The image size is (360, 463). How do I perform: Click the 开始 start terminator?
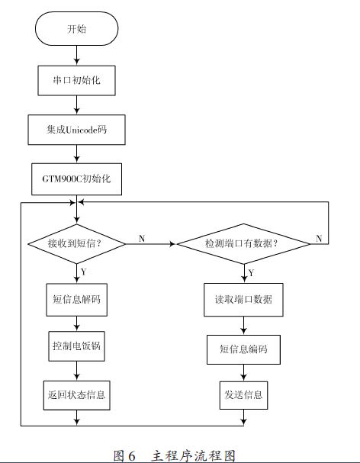(x=76, y=29)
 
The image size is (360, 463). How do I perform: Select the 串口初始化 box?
(x=76, y=80)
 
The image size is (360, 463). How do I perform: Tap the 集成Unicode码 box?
(x=76, y=130)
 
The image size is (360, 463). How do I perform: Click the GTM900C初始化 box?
(x=76, y=179)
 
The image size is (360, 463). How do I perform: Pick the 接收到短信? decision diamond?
(x=77, y=243)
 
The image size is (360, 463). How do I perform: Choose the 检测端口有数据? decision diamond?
(x=243, y=243)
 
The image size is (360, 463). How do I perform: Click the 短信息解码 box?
(x=76, y=300)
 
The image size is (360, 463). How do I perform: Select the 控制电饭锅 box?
(x=76, y=346)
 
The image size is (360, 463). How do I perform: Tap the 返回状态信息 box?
(x=76, y=395)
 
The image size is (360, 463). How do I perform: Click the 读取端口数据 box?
(x=243, y=300)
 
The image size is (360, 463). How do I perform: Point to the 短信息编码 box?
(x=243, y=349)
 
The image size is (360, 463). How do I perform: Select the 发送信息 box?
(x=243, y=395)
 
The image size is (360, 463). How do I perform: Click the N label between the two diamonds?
(x=142, y=238)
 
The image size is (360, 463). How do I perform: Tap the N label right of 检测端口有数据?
(x=319, y=238)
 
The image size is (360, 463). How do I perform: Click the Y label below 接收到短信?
(x=84, y=272)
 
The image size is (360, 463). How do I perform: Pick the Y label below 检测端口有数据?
(x=251, y=273)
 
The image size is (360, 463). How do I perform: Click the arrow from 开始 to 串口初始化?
(x=77, y=56)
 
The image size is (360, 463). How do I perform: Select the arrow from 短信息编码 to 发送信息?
(x=243, y=373)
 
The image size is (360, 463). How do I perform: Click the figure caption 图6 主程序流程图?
(x=174, y=455)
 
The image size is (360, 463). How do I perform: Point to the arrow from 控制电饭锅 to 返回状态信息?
(x=77, y=371)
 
